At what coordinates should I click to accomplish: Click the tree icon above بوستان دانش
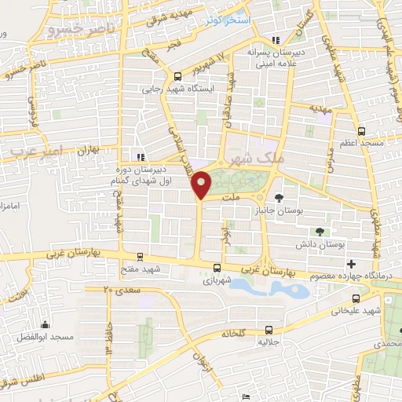pos(320,232)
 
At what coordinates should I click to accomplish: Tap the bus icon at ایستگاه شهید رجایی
pos(178,76)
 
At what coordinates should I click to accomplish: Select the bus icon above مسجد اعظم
pos(361,132)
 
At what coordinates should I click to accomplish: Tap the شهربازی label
pos(217,279)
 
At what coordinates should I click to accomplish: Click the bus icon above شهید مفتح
pos(140,256)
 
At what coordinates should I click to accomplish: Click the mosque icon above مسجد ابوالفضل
pos(45,323)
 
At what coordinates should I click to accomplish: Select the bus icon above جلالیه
pos(269,330)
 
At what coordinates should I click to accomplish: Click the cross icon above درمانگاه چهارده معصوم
pos(351,263)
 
